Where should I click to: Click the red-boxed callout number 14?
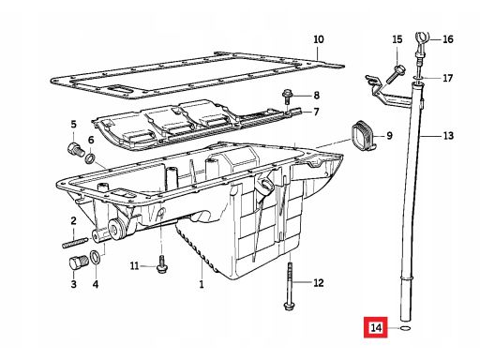pos(376,328)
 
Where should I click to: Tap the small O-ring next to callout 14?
pos(405,328)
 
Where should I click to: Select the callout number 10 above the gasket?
pos(319,39)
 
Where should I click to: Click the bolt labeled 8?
pos(286,97)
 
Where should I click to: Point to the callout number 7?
pos(316,112)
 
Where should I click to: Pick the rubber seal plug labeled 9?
pos(363,135)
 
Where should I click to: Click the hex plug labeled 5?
pos(75,150)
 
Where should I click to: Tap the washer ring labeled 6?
pos(90,158)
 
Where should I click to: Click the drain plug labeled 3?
pos(78,262)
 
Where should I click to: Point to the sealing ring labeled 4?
pos(95,257)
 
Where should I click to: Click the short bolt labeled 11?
pos(162,264)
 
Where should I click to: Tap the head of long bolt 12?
pos(288,306)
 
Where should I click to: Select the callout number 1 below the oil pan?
pos(202,284)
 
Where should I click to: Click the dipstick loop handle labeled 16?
pos(422,39)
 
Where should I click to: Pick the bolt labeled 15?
pos(395,73)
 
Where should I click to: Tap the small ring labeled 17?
pos(418,77)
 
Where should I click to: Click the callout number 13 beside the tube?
pos(448,136)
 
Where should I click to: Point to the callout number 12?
pos(319,283)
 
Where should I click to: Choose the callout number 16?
pos(448,39)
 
